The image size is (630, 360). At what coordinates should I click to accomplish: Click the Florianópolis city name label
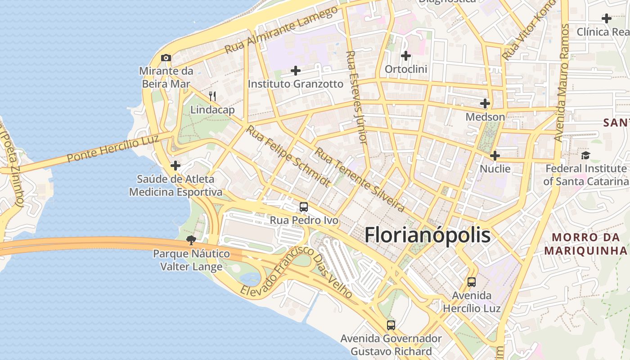427,235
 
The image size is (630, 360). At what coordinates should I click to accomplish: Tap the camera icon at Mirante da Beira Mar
166,58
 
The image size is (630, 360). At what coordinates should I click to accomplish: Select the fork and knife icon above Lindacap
212,96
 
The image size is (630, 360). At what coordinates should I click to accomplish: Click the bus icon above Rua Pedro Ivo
304,207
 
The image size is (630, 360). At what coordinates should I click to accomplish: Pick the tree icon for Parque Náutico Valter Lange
191,240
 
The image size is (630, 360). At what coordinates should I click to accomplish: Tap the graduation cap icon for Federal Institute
585,156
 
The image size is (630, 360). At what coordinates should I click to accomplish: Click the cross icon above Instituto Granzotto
296,71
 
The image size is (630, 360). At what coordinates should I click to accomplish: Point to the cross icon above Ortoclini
406,56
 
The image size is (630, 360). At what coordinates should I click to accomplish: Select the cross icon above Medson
485,103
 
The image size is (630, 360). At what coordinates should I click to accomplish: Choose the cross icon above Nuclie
495,156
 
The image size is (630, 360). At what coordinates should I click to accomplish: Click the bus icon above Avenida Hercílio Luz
472,282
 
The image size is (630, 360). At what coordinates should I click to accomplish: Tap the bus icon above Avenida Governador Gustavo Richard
391,325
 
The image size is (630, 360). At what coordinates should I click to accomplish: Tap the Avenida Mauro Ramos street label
562,83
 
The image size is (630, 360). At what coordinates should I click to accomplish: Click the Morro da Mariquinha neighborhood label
585,244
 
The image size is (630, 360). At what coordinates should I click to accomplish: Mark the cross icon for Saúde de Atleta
175,166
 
